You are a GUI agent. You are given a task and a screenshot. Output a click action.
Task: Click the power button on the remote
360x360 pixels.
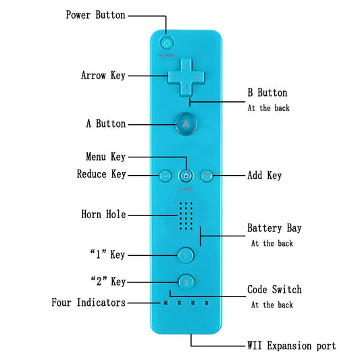168,42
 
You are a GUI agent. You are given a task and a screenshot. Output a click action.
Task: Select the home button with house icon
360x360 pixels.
186,176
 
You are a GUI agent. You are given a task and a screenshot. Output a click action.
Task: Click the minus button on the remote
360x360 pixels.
164,176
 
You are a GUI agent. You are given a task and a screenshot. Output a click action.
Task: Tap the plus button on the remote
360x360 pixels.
207,176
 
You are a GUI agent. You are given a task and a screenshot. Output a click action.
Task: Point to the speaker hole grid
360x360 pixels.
186,215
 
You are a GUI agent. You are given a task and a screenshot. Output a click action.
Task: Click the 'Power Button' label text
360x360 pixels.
95,15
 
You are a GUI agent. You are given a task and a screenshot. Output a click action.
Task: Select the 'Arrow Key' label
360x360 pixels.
103,76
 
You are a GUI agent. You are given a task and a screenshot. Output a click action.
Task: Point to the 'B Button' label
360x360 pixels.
267,93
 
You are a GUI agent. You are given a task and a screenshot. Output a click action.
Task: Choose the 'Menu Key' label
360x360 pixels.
105,157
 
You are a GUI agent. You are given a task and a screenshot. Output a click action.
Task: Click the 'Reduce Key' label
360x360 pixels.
101,174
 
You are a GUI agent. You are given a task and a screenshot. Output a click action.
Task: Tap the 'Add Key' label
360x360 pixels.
265,175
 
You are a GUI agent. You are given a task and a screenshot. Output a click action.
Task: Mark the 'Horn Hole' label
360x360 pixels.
103,215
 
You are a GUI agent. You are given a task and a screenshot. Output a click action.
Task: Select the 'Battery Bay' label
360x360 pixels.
274,228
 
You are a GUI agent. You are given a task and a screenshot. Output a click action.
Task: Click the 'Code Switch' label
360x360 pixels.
274,290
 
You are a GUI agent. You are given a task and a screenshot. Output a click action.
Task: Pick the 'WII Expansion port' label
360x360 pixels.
290,346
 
